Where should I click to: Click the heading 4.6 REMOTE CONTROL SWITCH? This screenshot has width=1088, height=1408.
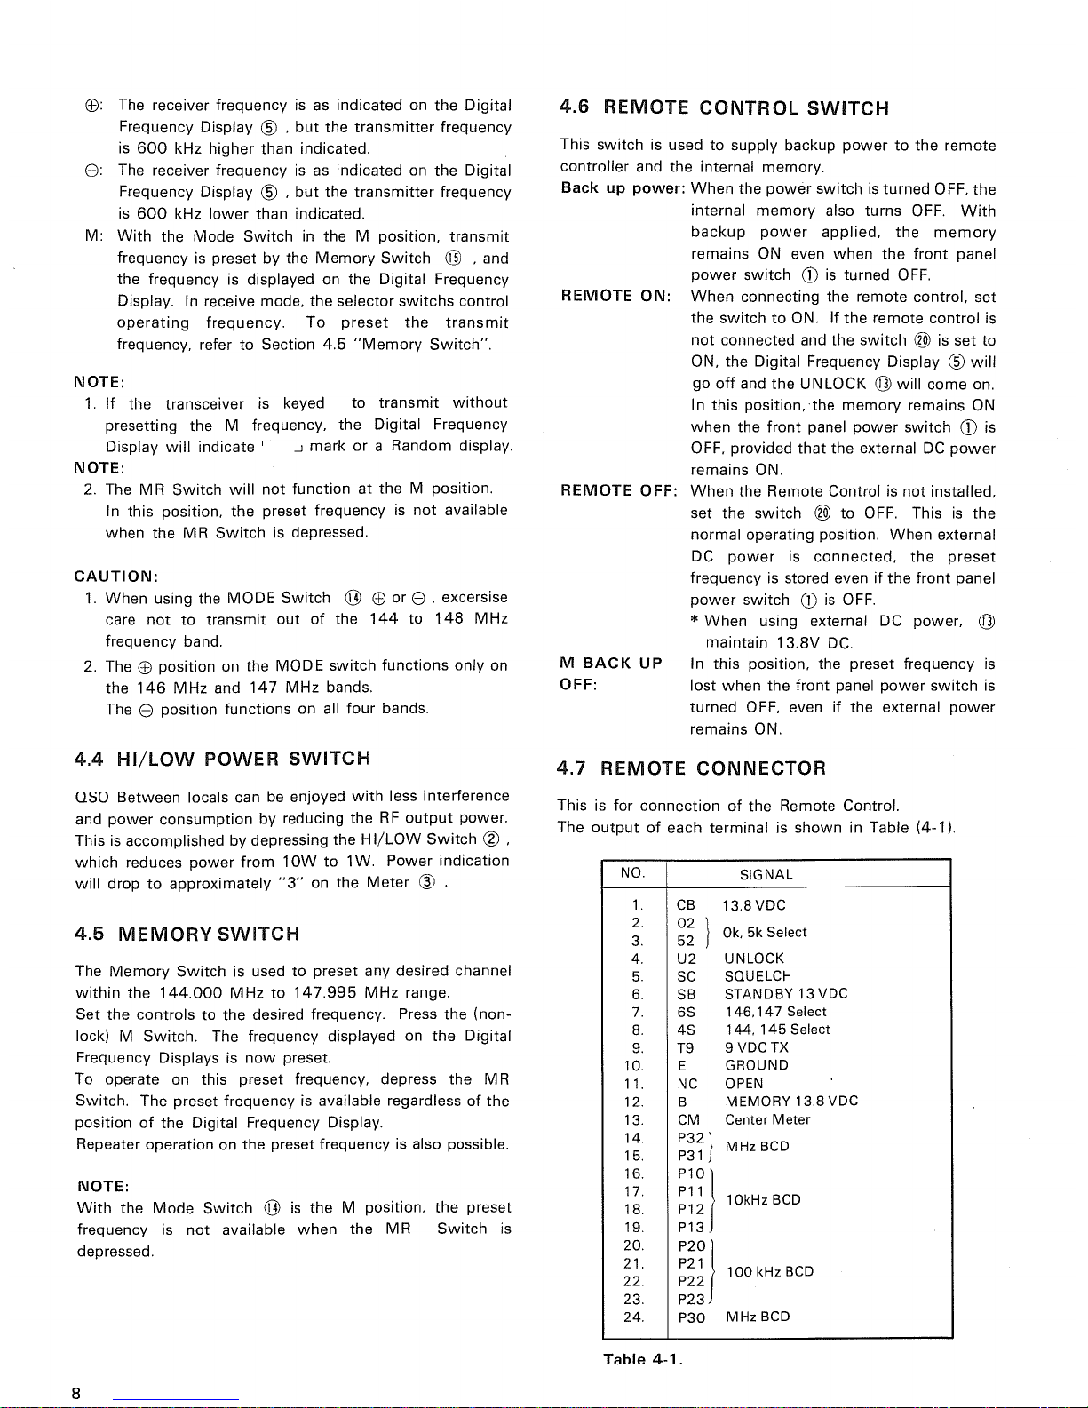pyautogui.click(x=724, y=108)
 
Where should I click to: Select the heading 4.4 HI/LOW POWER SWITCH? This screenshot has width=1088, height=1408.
pyautogui.click(x=223, y=759)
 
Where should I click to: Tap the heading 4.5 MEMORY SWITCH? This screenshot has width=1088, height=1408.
pyautogui.click(x=187, y=934)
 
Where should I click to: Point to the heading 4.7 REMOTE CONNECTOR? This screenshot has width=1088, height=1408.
pyautogui.click(x=691, y=768)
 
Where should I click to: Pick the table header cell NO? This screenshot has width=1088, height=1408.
pyautogui.click(x=632, y=873)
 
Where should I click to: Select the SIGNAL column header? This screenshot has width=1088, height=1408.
pyautogui.click(x=766, y=874)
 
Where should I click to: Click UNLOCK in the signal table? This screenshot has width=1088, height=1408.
pyautogui.click(x=754, y=959)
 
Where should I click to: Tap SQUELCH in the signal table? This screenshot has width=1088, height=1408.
pyautogui.click(x=758, y=976)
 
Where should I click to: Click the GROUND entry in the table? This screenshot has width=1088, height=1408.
pyautogui.click(x=756, y=1065)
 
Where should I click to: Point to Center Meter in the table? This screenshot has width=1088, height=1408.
pyautogui.click(x=767, y=1119)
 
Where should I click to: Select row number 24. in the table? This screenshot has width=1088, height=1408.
pyautogui.click(x=633, y=1317)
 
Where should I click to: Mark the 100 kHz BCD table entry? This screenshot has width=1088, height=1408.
pyautogui.click(x=769, y=1271)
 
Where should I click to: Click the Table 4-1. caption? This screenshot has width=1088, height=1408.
pyautogui.click(x=642, y=1359)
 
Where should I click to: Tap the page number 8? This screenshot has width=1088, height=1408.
pyautogui.click(x=77, y=1393)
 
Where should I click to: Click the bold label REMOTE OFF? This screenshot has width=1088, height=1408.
pyautogui.click(x=619, y=491)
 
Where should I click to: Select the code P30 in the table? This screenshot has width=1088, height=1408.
pyautogui.click(x=691, y=1317)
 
